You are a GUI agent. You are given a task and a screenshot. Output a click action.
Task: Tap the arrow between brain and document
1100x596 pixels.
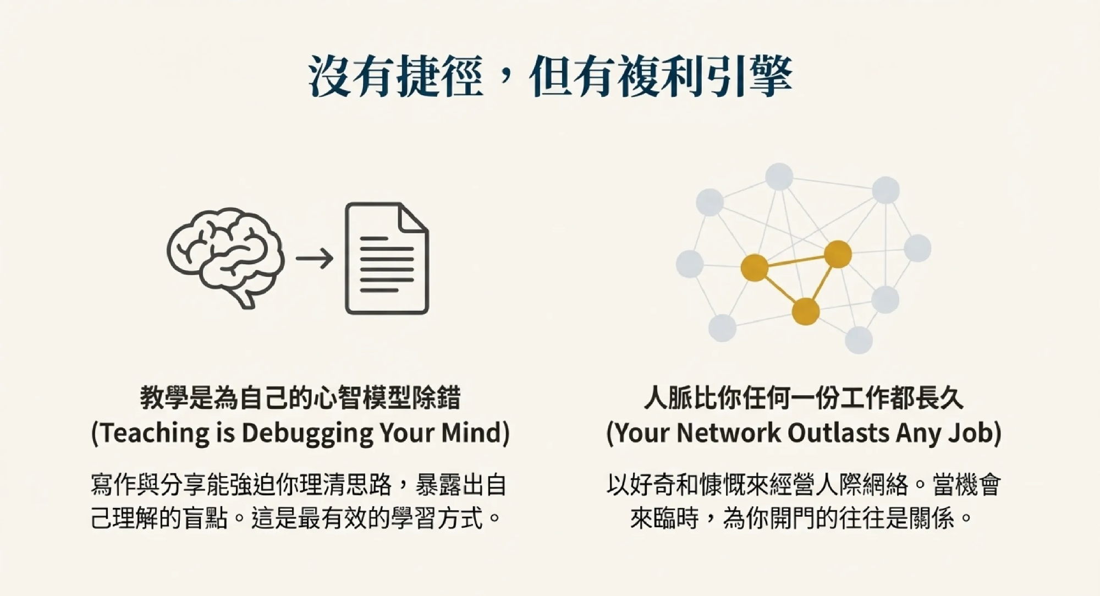(x=315, y=258)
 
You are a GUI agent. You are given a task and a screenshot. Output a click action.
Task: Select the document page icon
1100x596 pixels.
(x=387, y=258)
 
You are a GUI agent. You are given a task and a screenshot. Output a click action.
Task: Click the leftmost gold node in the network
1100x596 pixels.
(x=754, y=268)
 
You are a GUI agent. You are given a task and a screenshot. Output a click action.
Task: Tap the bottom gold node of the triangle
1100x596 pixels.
(x=806, y=311)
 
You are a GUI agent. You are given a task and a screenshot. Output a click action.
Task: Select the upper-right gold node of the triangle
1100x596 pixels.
(x=838, y=254)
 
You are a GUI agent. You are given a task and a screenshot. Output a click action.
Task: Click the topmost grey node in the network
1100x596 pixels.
(x=779, y=177)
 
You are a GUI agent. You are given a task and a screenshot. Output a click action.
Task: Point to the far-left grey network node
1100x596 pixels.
(x=690, y=263)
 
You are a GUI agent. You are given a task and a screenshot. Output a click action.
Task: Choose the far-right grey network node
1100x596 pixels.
(x=917, y=248)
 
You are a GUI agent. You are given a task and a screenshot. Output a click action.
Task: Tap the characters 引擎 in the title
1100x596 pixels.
(x=749, y=76)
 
